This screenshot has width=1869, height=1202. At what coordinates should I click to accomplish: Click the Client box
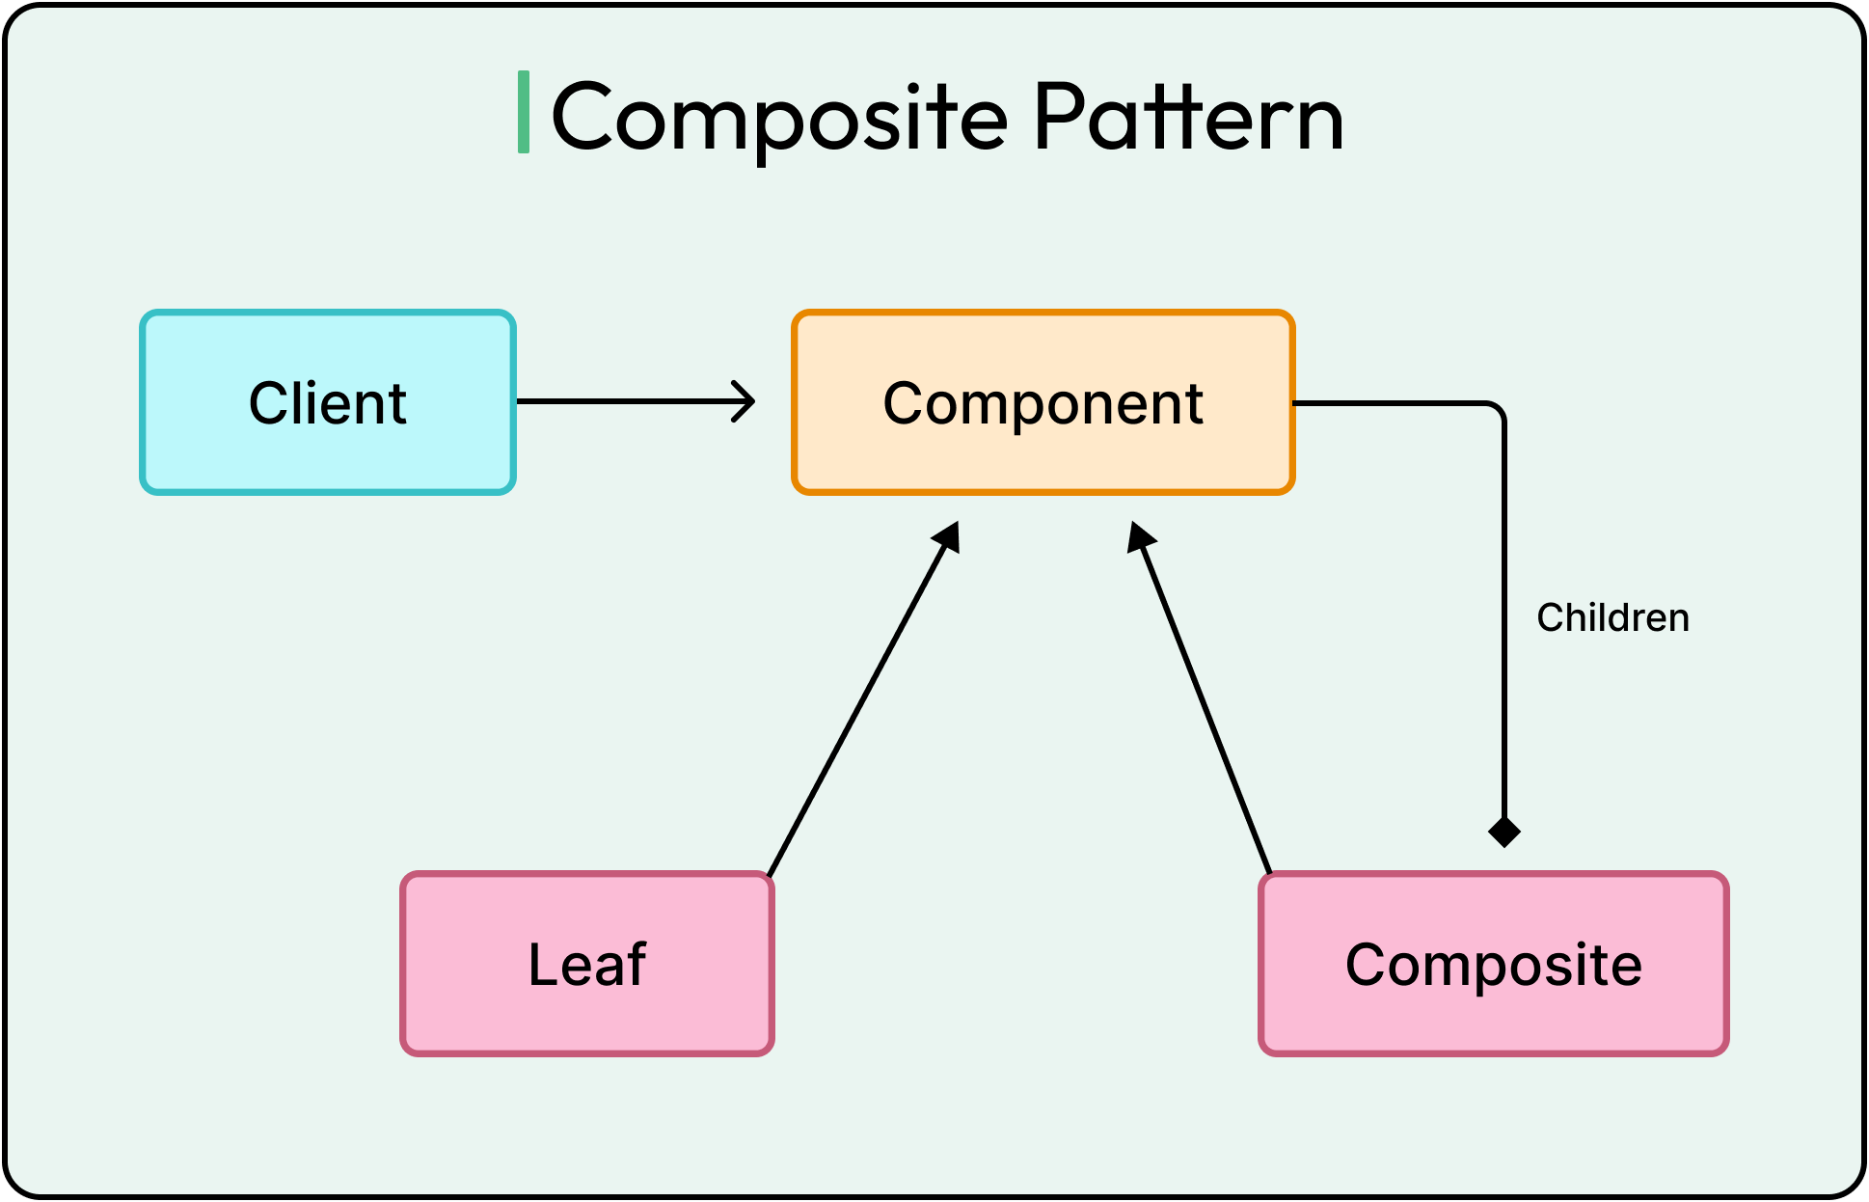[328, 453]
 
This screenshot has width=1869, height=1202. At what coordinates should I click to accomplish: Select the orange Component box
[1043, 453]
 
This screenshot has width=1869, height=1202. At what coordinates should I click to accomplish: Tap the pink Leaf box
[587, 1013]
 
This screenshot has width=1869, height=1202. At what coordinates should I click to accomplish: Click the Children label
[1612, 617]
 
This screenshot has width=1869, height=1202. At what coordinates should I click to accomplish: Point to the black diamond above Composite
[1503, 831]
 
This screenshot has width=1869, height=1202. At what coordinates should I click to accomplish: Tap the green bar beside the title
[524, 112]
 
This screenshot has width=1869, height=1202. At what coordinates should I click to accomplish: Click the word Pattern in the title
[1188, 118]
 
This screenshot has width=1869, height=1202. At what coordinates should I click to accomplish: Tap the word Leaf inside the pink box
[587, 964]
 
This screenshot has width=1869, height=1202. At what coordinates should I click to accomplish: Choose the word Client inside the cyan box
[328, 402]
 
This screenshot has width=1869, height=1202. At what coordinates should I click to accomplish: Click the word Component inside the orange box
[1043, 402]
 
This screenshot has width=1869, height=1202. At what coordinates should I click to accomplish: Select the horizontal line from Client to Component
[627, 401]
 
